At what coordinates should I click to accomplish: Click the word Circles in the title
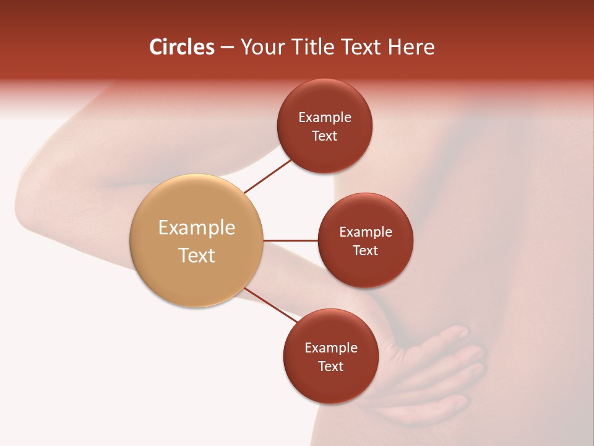coord(182,47)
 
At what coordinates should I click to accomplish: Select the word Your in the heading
coord(262,47)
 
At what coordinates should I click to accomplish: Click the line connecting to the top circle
coord(268,175)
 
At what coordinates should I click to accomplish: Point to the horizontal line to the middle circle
coord(290,240)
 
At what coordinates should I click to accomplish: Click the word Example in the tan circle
coord(197,228)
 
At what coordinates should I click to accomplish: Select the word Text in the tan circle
coord(197,255)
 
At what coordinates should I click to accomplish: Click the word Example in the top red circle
coord(325,118)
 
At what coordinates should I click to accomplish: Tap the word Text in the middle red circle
coord(366,250)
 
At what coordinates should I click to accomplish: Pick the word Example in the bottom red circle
coord(331,348)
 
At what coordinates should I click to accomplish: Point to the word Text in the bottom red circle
coord(331,366)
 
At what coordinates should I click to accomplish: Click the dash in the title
coord(227,48)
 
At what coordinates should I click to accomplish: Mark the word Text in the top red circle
coord(325,136)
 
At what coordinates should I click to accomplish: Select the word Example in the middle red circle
coord(366,232)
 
